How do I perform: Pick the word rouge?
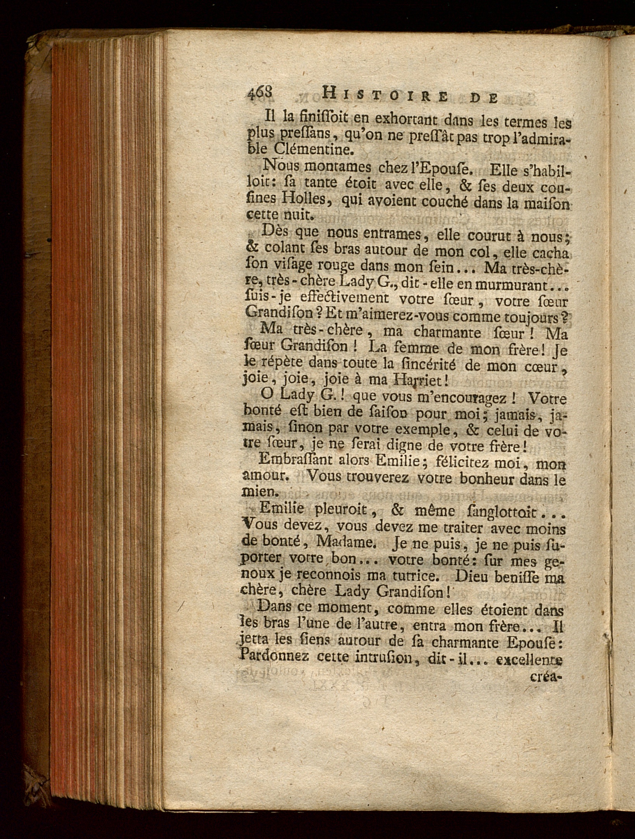pyautogui.click(x=334, y=266)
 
